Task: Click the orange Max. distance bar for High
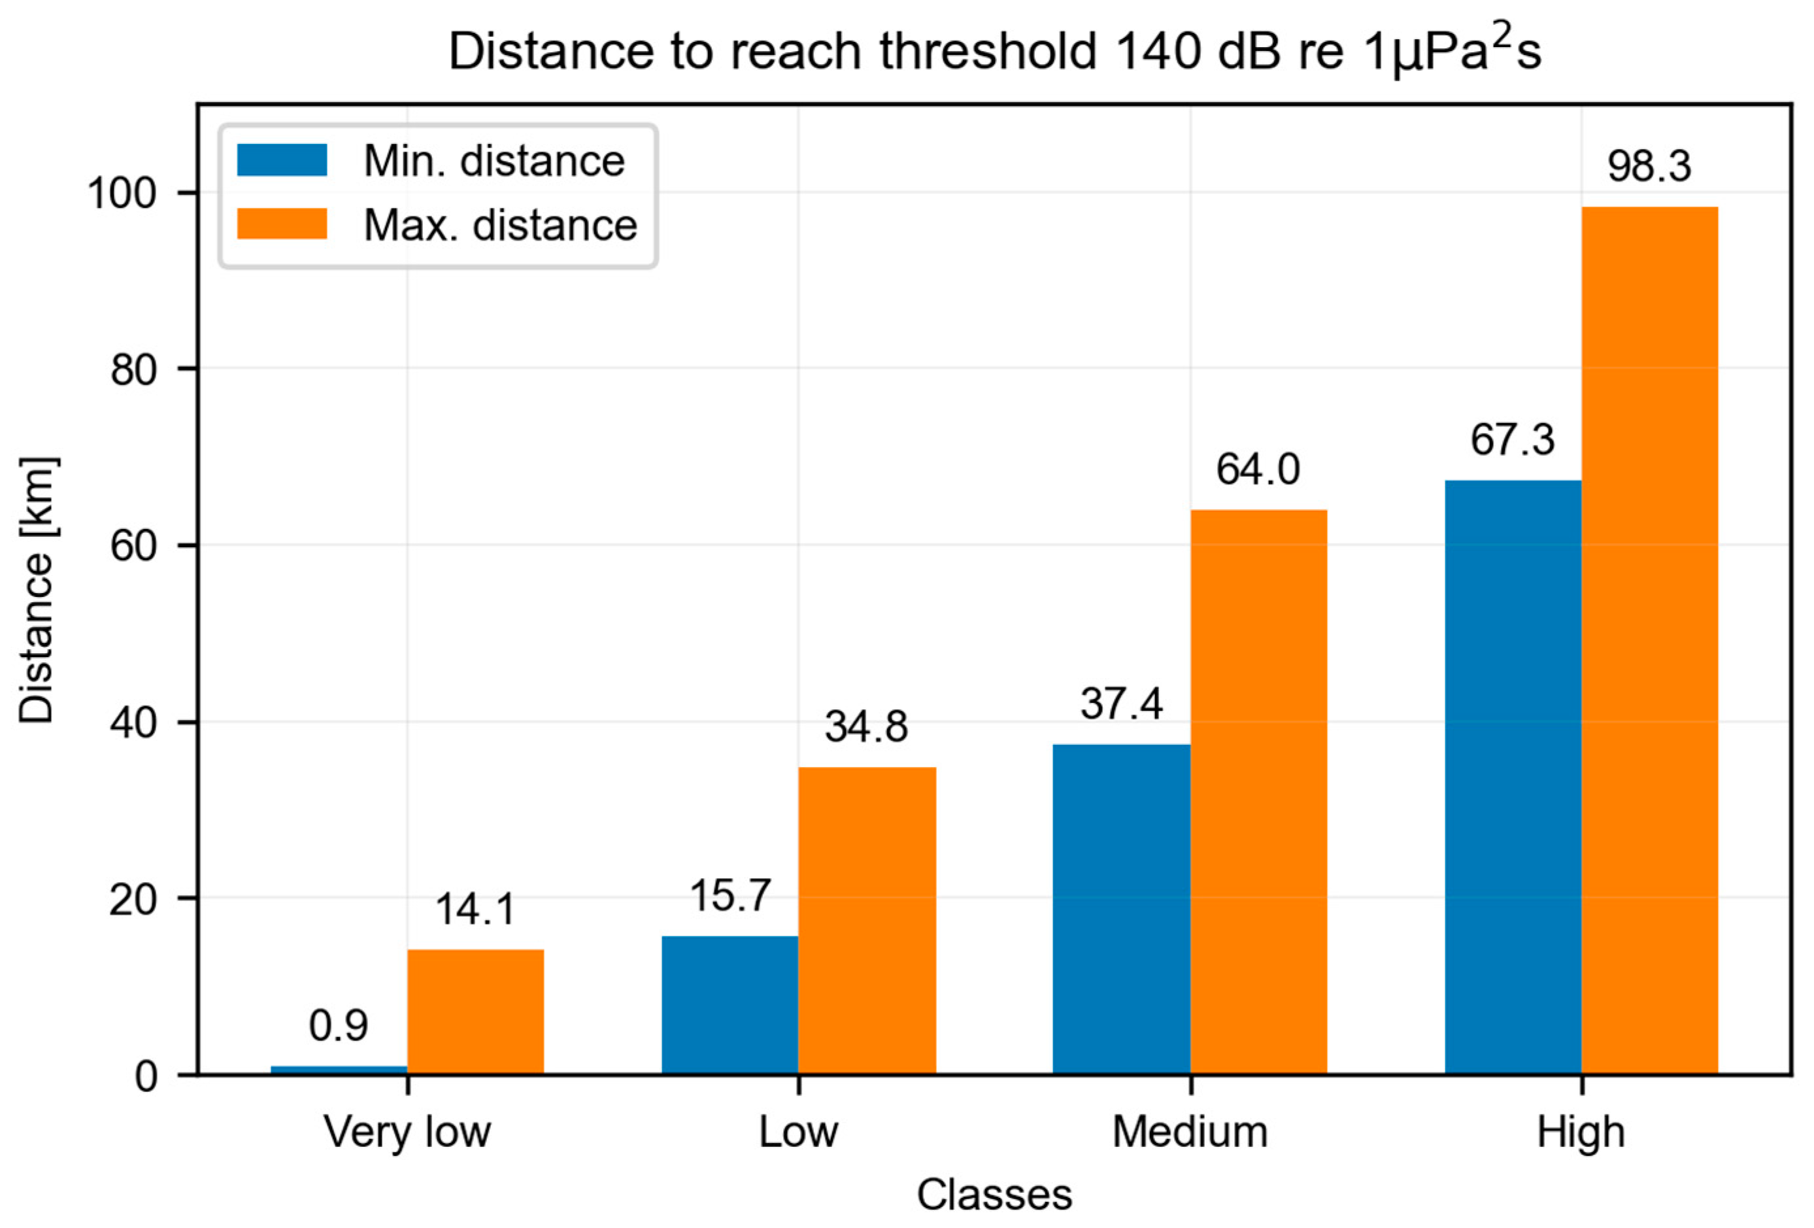1649,640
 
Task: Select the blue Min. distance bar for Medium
1121,910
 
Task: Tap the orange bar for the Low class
866,921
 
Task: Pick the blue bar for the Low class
730,1005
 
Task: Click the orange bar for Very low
475,1012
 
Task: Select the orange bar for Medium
1258,792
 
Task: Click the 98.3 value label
1649,166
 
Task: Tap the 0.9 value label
338,1026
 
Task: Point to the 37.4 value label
1121,704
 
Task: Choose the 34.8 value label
866,727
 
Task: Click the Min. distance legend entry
494,162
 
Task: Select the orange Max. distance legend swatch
282,224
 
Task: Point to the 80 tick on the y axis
133,369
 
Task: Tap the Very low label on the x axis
407,1132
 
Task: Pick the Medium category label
1190,1132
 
